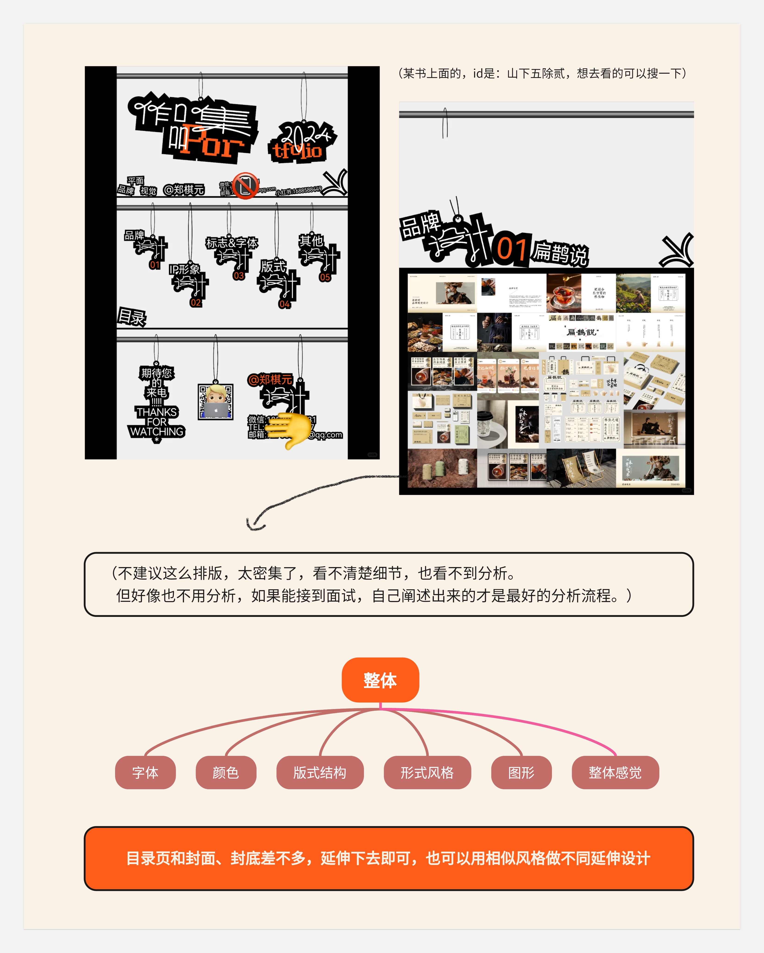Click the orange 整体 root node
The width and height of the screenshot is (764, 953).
coord(380,680)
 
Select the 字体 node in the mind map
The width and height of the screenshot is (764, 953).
coord(145,772)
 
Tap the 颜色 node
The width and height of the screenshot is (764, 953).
coord(226,772)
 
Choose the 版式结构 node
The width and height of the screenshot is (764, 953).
coord(320,772)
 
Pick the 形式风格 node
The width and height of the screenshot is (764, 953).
coord(427,772)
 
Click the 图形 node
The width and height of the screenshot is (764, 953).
coord(521,772)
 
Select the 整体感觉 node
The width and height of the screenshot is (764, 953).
coord(615,772)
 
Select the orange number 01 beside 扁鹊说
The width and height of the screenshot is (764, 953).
coord(512,249)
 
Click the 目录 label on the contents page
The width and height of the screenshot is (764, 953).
coord(131,317)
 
